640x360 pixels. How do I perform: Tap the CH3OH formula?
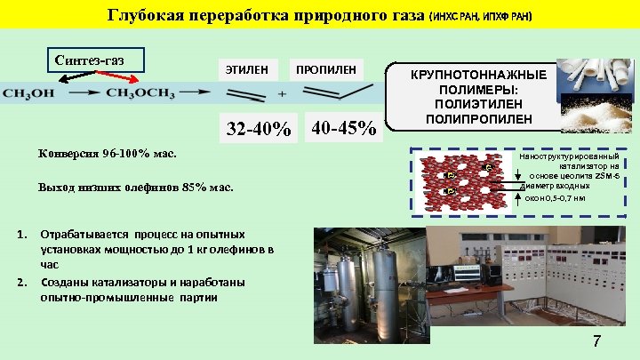coord(30,92)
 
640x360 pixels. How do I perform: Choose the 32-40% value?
coord(259,130)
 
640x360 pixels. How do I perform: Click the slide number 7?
coord(596,342)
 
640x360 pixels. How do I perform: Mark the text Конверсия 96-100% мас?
coord(108,153)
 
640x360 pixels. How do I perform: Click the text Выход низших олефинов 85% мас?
coord(135,188)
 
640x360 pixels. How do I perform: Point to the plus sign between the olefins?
coord(282,93)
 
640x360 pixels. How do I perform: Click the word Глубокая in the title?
coord(144,16)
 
